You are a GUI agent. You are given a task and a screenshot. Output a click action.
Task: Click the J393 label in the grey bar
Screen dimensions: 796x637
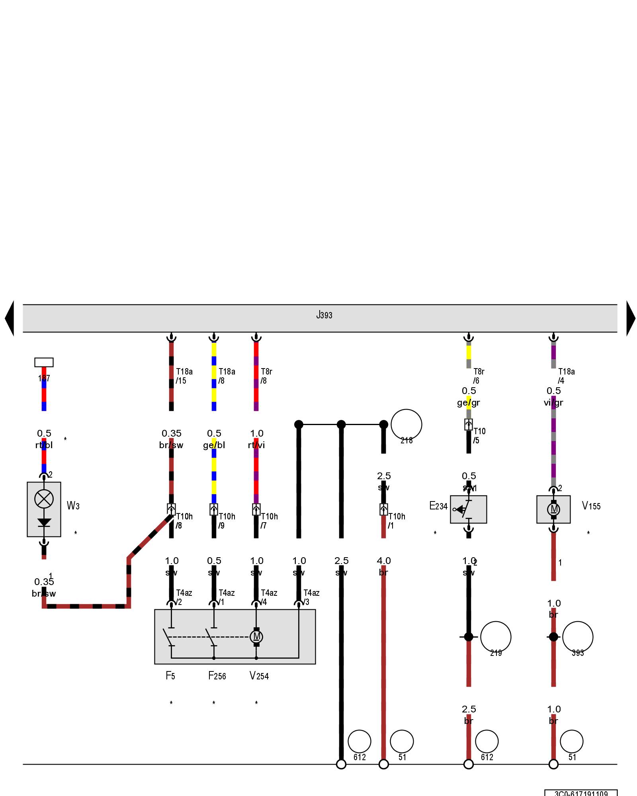324,315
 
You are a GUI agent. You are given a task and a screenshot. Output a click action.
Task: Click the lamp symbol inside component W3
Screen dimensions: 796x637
44,499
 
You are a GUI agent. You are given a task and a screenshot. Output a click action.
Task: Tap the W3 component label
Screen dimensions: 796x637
73,505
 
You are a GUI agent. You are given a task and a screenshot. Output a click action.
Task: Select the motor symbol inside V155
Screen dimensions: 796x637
553,509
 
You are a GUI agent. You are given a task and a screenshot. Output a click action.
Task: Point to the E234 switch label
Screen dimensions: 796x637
438,506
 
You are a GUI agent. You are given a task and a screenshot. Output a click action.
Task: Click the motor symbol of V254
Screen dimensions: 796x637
256,636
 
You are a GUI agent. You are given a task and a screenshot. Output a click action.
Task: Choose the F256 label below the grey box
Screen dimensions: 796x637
217,676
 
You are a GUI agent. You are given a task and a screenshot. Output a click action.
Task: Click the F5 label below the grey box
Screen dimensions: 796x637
170,675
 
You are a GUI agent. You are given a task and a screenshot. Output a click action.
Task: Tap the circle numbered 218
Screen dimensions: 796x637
406,425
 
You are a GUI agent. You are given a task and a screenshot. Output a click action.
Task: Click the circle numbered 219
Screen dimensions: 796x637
496,637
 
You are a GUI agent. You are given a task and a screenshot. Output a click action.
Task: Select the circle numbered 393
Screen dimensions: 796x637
578,637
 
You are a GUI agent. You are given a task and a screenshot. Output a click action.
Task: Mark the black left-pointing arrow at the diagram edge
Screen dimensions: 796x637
10,318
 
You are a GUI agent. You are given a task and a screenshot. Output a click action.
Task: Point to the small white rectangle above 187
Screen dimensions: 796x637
44,362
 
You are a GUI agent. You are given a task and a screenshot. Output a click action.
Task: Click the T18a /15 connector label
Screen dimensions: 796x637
184,376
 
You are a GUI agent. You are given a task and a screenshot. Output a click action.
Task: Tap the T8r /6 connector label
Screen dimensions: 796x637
479,376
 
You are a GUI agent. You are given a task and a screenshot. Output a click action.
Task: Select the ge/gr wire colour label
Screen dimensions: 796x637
469,403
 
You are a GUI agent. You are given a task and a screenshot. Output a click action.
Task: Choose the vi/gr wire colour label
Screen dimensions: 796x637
553,403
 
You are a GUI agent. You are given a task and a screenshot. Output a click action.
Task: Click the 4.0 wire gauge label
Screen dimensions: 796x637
384,561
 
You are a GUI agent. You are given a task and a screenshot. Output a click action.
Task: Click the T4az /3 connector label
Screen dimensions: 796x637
311,597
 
